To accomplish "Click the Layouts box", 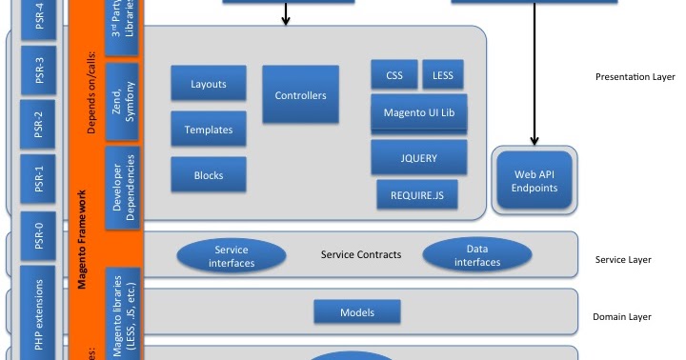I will click(x=209, y=84).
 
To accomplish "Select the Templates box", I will click(x=209, y=130).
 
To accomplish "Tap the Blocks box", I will click(x=209, y=175).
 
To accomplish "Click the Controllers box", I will click(x=300, y=95).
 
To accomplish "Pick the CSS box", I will click(x=394, y=75).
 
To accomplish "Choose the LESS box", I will click(x=443, y=75).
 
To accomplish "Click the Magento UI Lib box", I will click(x=418, y=112).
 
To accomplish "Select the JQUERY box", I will click(x=418, y=157).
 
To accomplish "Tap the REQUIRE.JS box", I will click(x=417, y=195).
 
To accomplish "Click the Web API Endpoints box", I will click(x=535, y=180).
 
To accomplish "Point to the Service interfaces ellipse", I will click(x=231, y=255).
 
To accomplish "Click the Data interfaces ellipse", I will click(x=477, y=255).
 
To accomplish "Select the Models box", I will click(x=357, y=312).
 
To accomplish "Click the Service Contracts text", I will click(x=360, y=255).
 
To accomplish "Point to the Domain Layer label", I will click(x=622, y=317).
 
